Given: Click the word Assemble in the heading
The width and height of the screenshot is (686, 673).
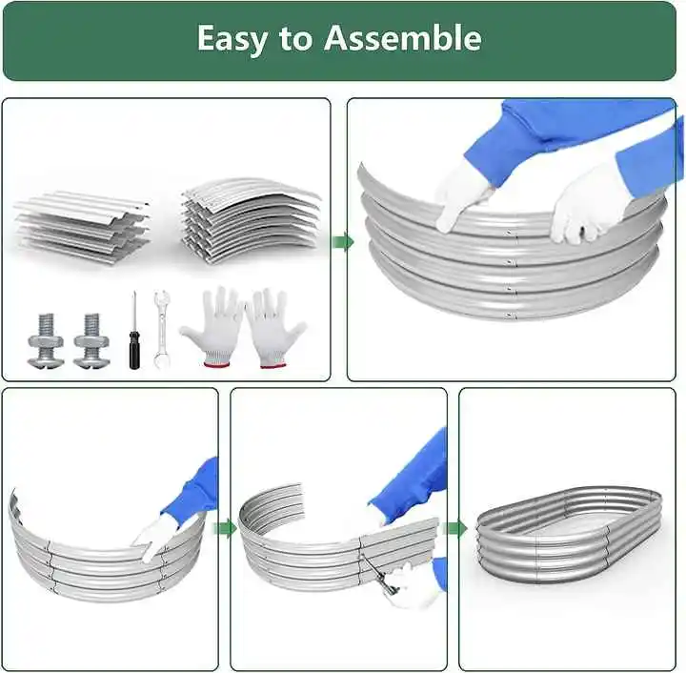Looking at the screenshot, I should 402,38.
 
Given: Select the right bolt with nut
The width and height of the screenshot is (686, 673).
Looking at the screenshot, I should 91,339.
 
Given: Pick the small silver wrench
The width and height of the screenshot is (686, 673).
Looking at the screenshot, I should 161,329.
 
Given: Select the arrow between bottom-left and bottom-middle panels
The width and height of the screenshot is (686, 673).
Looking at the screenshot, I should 225,528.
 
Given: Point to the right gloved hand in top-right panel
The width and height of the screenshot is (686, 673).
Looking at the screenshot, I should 583,202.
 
